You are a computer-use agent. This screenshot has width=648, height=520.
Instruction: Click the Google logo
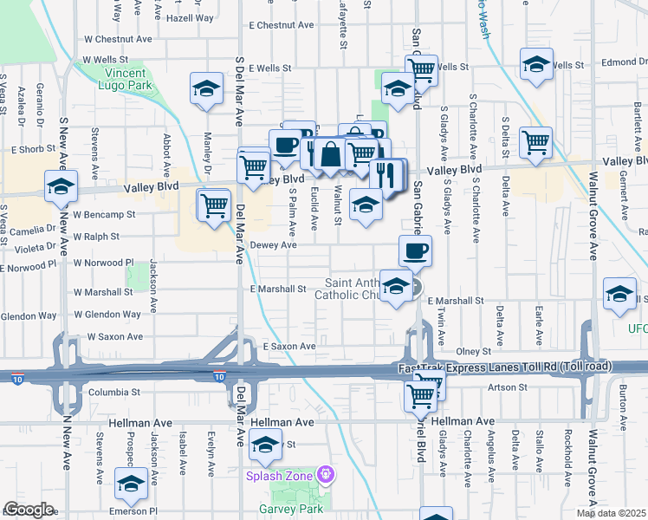pyautogui.click(x=29, y=510)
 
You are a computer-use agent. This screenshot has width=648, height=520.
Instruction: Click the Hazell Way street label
pyautogui.click(x=189, y=17)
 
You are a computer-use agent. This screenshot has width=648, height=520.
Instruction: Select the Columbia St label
pyautogui.click(x=114, y=393)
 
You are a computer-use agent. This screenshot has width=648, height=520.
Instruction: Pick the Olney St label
pyautogui.click(x=473, y=351)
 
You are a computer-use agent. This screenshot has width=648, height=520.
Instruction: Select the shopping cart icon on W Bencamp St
pyautogui.click(x=213, y=206)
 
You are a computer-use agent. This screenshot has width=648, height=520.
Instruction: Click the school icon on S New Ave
pyautogui.click(x=62, y=187)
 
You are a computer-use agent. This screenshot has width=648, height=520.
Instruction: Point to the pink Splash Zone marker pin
pyautogui.click(x=326, y=474)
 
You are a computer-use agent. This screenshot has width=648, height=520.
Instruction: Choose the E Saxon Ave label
pyautogui.click(x=289, y=346)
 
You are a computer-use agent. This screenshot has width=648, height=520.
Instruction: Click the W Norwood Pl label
pyautogui.click(x=103, y=262)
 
